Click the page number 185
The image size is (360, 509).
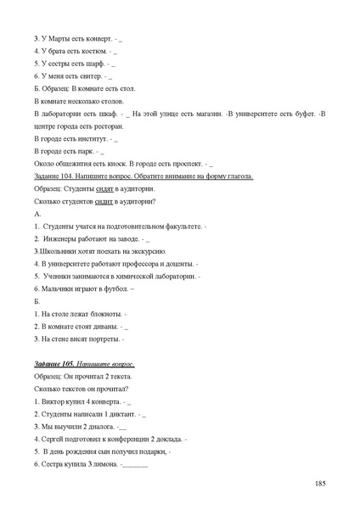(x=320, y=483)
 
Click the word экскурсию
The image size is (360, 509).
(x=149, y=251)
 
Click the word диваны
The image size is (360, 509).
(x=104, y=326)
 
